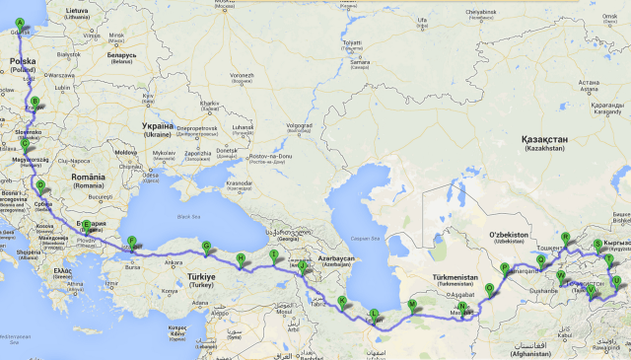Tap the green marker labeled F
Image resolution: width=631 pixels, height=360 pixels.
pos(131,241)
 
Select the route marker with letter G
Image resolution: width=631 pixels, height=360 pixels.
pos(206,247)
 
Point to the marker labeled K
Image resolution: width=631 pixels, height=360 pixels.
pos(342,301)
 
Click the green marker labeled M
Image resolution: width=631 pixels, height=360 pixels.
pos(411,304)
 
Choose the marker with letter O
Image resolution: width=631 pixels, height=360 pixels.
pos(489,289)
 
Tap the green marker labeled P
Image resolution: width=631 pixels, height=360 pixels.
pos(504,267)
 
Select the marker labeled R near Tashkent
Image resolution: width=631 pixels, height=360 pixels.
pos(565,238)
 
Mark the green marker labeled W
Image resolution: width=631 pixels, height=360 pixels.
pos(560,275)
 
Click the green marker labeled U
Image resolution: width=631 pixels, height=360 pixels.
pos(617,281)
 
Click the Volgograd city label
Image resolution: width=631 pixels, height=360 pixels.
pos(298,126)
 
